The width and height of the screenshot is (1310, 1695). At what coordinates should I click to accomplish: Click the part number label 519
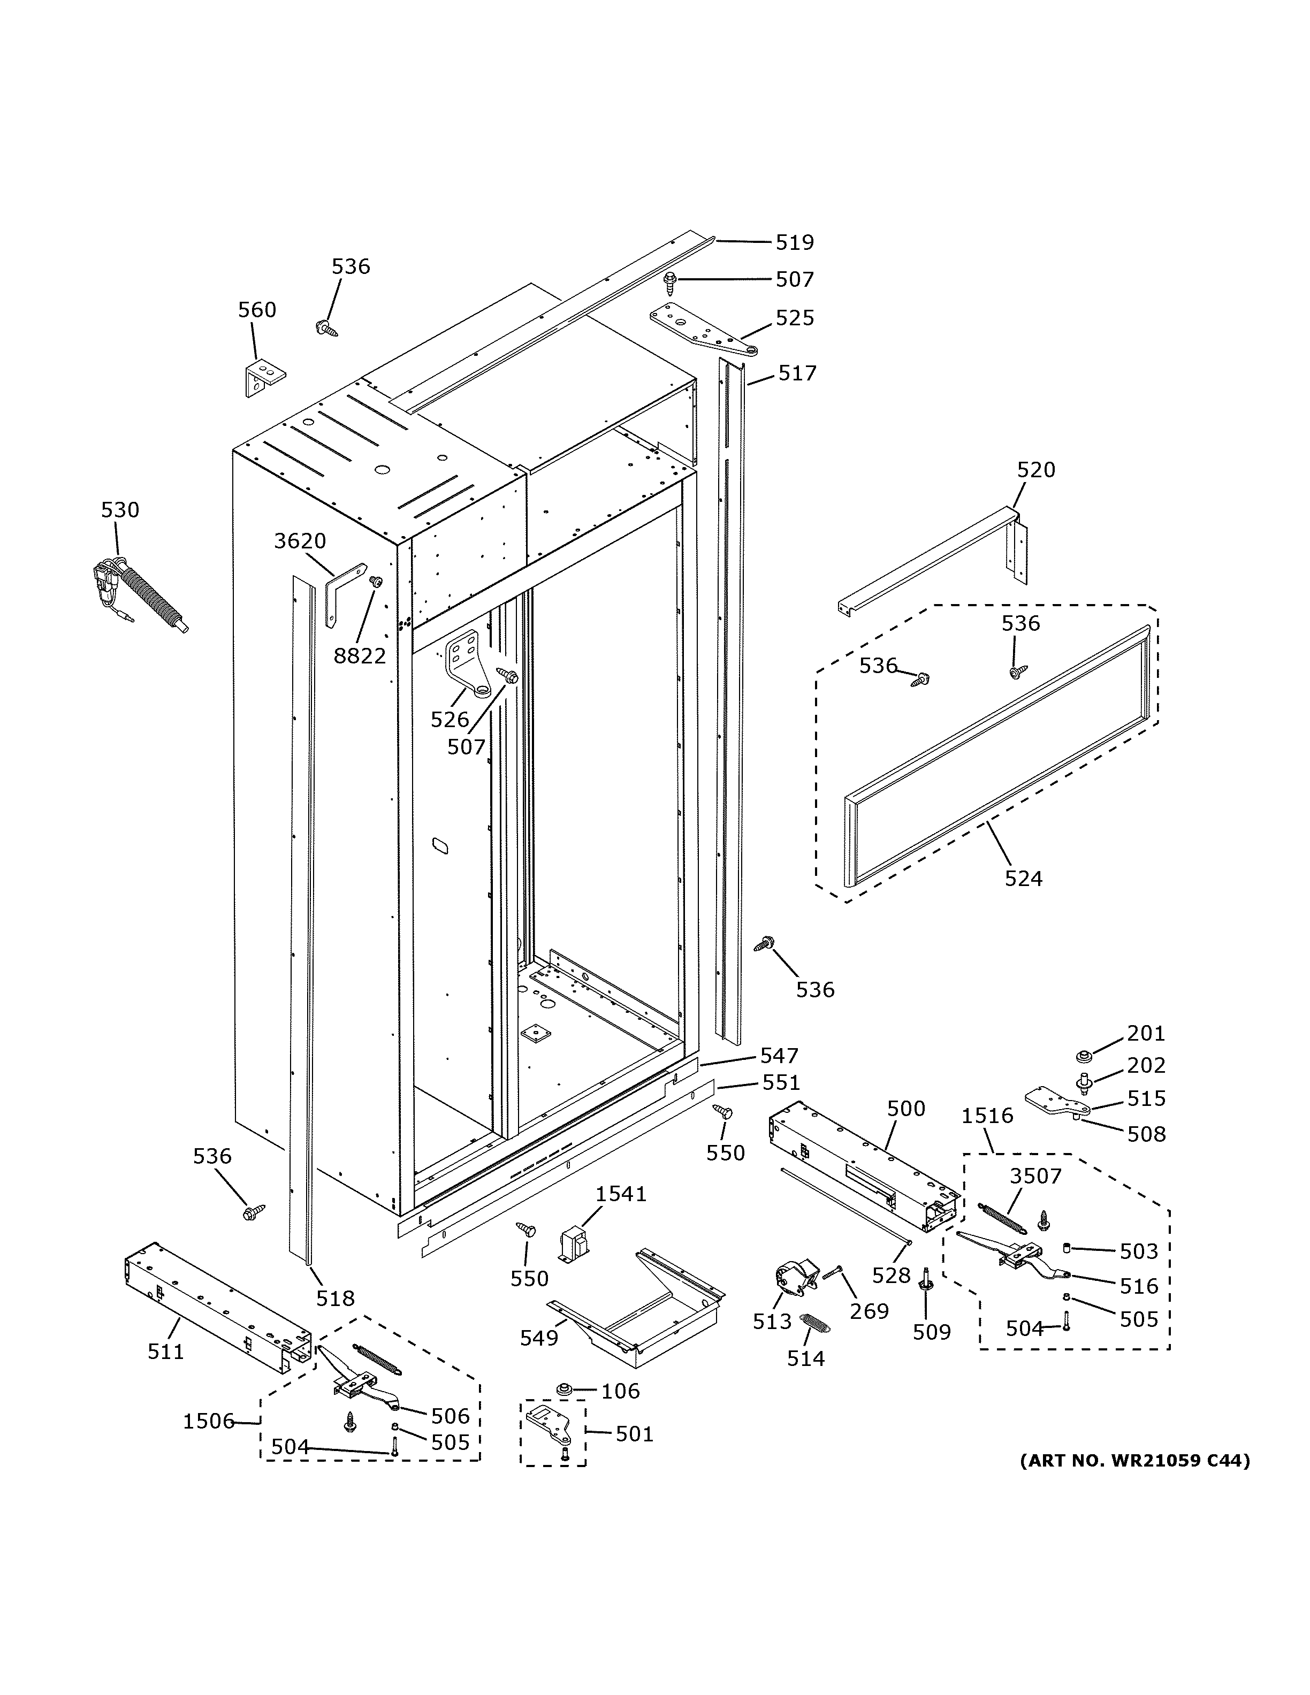[795, 243]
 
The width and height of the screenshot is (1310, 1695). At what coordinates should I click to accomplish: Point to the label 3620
[300, 541]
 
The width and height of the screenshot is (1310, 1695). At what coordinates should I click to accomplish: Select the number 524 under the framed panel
[1023, 879]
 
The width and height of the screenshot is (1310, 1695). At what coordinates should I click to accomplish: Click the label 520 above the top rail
[1036, 470]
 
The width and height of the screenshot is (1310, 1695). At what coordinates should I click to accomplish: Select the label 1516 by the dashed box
[987, 1116]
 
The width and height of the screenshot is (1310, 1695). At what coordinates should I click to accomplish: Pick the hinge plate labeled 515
[1054, 1102]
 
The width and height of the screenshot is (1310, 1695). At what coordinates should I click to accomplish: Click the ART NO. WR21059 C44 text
[1134, 1461]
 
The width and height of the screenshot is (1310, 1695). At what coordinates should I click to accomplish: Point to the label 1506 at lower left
[208, 1422]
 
